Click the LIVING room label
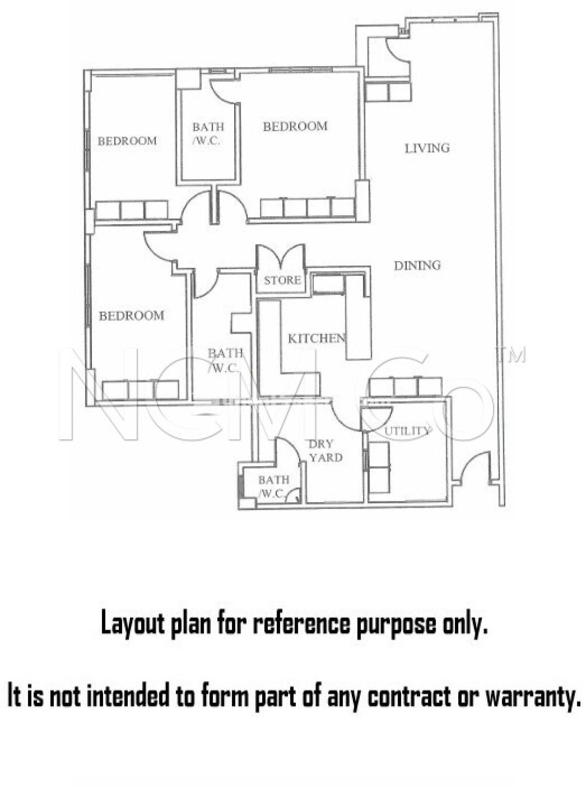click(x=427, y=148)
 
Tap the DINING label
click(x=417, y=265)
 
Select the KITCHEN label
click(x=316, y=339)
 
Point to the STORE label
click(x=282, y=280)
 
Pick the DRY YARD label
click(x=325, y=451)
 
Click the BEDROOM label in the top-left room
click(x=127, y=141)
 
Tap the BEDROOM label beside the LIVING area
click(x=295, y=126)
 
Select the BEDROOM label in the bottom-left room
click(x=132, y=316)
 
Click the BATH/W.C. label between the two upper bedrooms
click(x=208, y=134)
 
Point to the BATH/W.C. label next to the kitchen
click(x=225, y=360)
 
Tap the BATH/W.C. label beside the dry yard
click(x=273, y=487)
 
